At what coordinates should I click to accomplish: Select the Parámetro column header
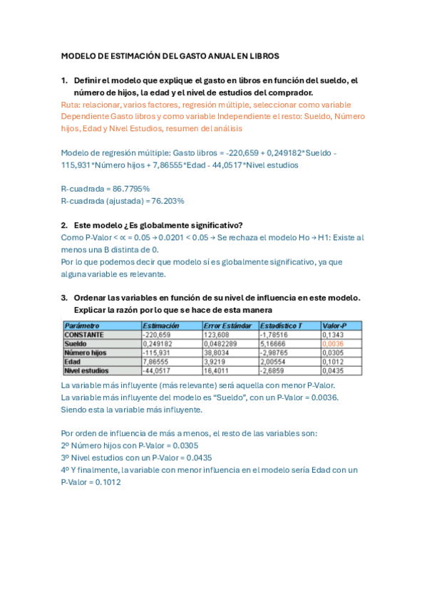[x=81, y=326]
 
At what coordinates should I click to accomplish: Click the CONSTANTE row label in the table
[x=84, y=334]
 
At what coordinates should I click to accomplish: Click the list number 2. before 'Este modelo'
[x=64, y=225]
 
